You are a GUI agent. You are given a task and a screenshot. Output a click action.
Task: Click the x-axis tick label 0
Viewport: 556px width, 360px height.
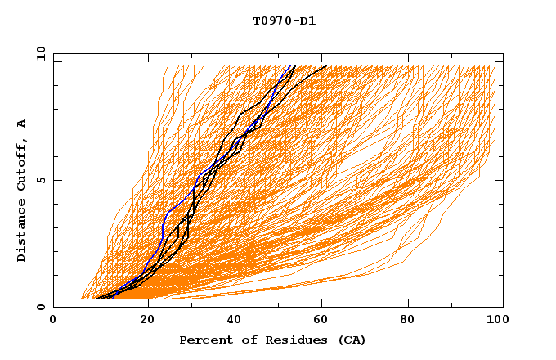pyautogui.click(x=53, y=322)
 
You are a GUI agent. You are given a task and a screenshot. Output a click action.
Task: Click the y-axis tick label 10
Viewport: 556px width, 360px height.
pyautogui.click(x=39, y=54)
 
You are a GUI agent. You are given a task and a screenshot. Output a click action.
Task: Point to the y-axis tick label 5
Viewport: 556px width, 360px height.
pyautogui.click(x=41, y=180)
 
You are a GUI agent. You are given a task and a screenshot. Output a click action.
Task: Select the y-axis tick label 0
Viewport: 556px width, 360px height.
pyautogui.click(x=41, y=307)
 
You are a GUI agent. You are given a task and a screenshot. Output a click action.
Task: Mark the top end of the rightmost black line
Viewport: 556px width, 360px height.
pyautogui.click(x=326, y=65)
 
